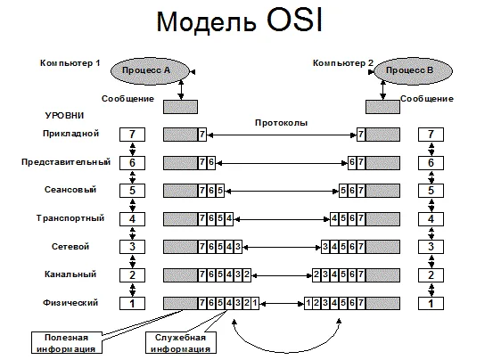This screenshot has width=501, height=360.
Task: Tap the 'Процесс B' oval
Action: click(x=409, y=70)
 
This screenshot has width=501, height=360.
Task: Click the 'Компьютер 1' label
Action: click(x=70, y=63)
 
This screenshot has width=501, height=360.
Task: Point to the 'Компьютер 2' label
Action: click(x=342, y=63)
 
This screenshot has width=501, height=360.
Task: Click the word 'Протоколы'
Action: click(x=282, y=122)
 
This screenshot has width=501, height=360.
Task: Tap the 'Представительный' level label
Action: click(x=66, y=162)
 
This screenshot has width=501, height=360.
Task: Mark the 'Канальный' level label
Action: click(x=70, y=274)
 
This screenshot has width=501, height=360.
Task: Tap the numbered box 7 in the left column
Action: click(x=132, y=135)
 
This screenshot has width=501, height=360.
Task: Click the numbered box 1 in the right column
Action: click(x=431, y=303)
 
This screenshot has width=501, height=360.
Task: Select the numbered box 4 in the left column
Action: click(x=132, y=218)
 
